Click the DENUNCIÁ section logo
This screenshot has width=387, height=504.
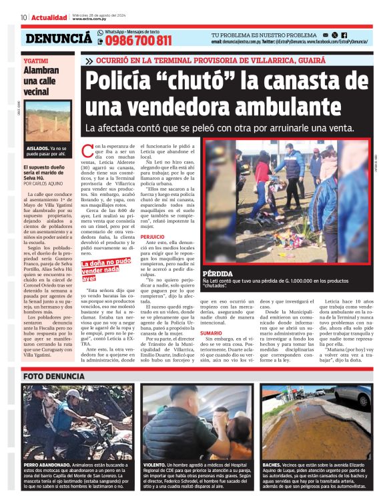click(x=59, y=39)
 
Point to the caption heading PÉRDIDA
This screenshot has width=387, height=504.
click(x=217, y=274)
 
